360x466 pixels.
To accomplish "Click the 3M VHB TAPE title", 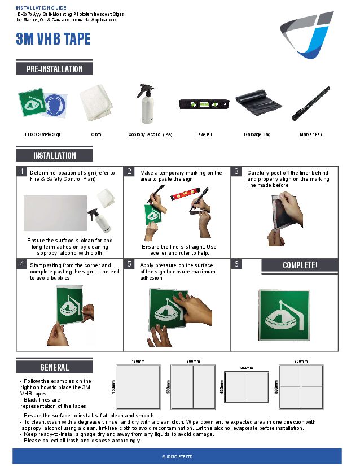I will point(53,40).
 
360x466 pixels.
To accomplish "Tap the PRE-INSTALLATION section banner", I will point(54,69).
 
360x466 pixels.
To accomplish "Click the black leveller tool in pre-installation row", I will point(203,104).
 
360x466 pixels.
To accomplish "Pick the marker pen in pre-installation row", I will point(311,103).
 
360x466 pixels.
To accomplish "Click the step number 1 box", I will point(21,171).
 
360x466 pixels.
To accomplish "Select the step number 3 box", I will point(237,171).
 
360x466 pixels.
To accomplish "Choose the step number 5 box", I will point(129,264).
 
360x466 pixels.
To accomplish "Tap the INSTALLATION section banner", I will point(54,155).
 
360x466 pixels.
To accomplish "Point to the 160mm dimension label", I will point(138,361).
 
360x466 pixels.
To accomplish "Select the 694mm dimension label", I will point(246,368).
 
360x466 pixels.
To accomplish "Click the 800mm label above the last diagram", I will point(301,361).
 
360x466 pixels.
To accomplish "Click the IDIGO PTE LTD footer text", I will point(177,456).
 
